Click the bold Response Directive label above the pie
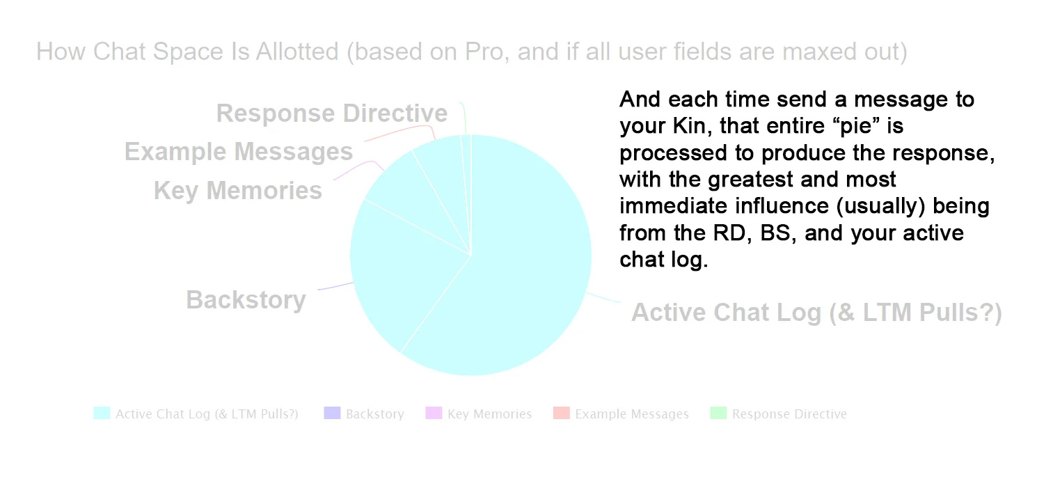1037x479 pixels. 331,113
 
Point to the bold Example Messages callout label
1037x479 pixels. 239,152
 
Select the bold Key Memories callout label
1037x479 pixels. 237,190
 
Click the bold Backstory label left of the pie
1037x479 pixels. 246,299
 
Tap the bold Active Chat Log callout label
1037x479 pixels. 816,312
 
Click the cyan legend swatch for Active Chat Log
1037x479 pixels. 102,413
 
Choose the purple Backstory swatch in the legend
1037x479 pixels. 332,413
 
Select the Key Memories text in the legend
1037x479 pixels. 489,414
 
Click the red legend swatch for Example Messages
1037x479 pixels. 561,413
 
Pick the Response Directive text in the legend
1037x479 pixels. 789,414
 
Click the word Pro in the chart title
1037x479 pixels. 484,52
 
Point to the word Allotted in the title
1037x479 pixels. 297,52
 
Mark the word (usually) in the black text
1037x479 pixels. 880,206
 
